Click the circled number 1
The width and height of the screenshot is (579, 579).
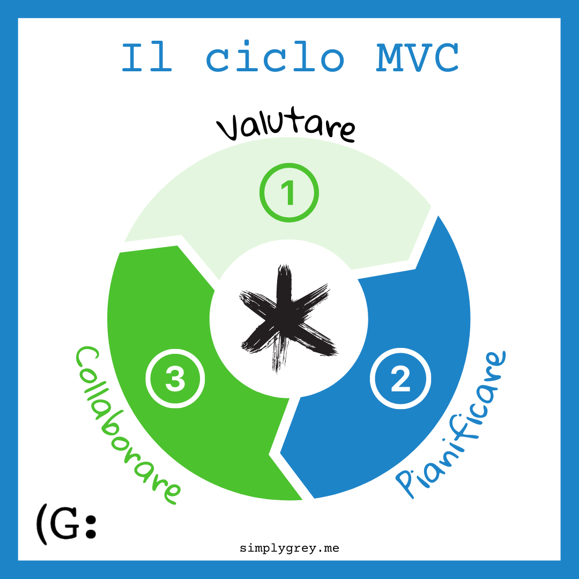coord(289,193)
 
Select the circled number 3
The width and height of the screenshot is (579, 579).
coord(175,379)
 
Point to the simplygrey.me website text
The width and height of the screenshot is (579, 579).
coord(289,548)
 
